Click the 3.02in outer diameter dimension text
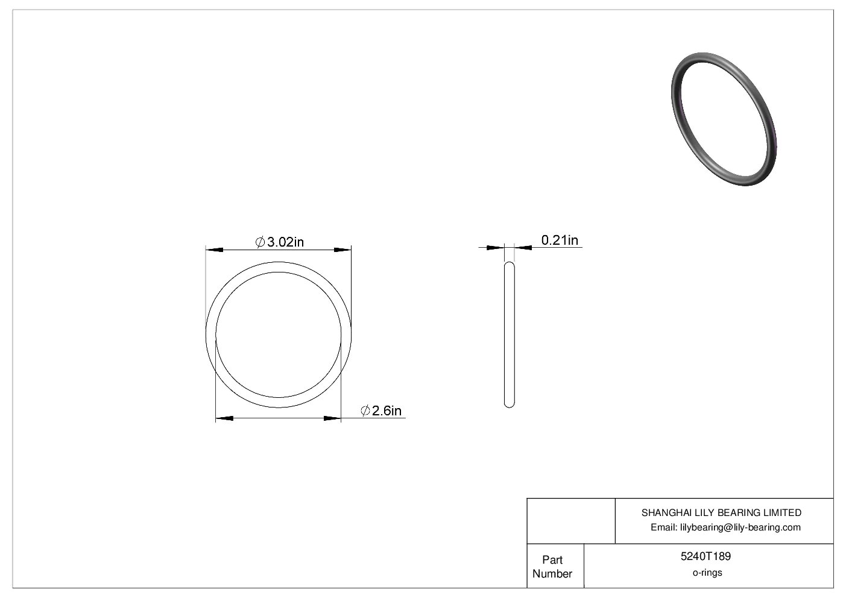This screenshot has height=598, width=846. point(285,242)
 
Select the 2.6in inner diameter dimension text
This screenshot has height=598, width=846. point(387,411)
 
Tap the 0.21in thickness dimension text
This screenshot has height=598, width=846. point(560,241)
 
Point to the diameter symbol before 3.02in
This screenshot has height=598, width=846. point(260,242)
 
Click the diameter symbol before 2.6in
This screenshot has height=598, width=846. point(365,411)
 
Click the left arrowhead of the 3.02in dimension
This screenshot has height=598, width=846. point(215,250)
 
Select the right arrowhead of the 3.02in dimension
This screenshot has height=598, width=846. point(343,250)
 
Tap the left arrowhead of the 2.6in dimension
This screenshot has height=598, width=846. point(224,418)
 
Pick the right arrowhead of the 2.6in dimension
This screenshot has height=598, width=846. point(332,418)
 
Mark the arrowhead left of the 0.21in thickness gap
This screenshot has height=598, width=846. point(495,247)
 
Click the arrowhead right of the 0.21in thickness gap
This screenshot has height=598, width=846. point(523,247)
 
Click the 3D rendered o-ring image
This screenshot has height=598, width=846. point(723,119)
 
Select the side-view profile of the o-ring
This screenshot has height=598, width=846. point(509,335)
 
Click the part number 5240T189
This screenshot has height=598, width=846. point(706,556)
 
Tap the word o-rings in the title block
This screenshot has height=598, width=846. point(707,573)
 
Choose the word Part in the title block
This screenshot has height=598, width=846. point(552,560)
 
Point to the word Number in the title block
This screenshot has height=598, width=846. point(552,574)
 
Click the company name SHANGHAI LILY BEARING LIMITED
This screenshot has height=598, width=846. point(721,513)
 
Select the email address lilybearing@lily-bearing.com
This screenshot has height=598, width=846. point(740,527)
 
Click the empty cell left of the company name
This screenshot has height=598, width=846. point(570,521)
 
